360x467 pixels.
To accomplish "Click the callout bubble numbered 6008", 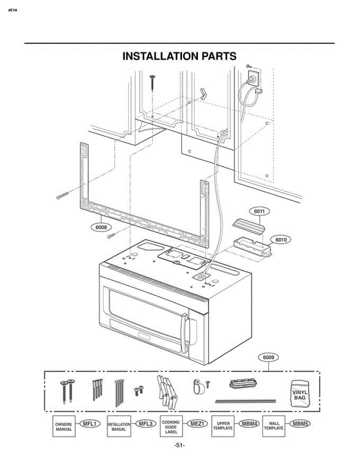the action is (x=101, y=227).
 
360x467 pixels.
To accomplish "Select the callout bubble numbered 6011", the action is (x=259, y=211).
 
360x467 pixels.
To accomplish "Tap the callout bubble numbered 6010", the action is (x=281, y=239).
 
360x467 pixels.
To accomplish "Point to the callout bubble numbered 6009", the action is (x=268, y=357).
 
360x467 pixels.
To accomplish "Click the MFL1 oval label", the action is (x=90, y=424).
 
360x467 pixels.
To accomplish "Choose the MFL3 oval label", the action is (x=146, y=424).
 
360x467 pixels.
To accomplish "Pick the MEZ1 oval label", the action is (x=197, y=424).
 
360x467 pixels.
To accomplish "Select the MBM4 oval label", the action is (x=249, y=424).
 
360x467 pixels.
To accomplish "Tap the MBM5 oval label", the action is (x=300, y=424).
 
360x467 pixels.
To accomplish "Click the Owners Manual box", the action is (x=64, y=427).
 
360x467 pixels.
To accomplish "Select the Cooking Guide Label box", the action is (x=171, y=427).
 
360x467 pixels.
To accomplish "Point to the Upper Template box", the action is (x=223, y=427).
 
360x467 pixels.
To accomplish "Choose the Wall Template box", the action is (x=274, y=427).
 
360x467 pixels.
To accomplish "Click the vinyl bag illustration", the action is (x=300, y=393).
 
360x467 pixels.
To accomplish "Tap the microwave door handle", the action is (x=184, y=334).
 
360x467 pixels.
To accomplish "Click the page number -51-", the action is (x=180, y=445).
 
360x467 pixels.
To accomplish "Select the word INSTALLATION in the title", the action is (x=160, y=56).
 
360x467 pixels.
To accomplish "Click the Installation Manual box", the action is (x=119, y=427).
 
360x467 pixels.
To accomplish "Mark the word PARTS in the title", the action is (x=219, y=56).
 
